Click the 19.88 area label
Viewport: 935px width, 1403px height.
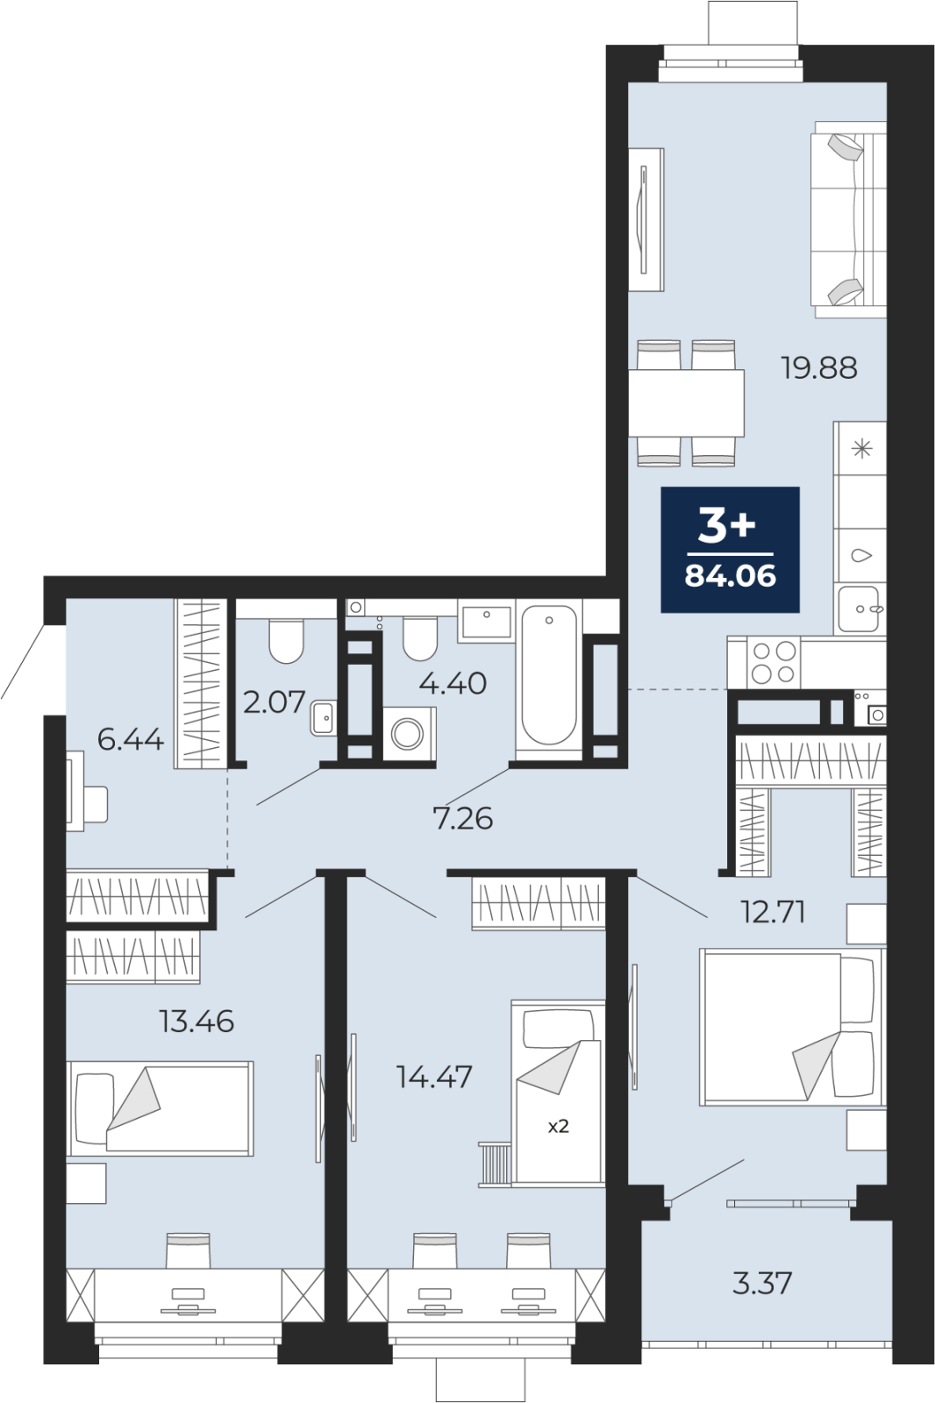pos(818,368)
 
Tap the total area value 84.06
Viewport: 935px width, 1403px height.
pos(730,575)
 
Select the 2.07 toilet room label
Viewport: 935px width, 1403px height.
pos(274,701)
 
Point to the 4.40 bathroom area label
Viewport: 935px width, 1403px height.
pos(453,683)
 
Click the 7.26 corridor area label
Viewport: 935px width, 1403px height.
pos(464,819)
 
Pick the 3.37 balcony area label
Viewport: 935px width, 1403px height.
pos(762,1283)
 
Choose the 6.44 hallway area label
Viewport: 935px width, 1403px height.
pos(131,740)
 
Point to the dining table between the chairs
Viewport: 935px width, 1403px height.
pos(686,402)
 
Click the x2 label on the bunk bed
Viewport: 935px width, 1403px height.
pos(558,1127)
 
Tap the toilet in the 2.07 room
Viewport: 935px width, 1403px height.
pos(287,641)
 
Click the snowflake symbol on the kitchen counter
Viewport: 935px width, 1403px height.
pos(862,448)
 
